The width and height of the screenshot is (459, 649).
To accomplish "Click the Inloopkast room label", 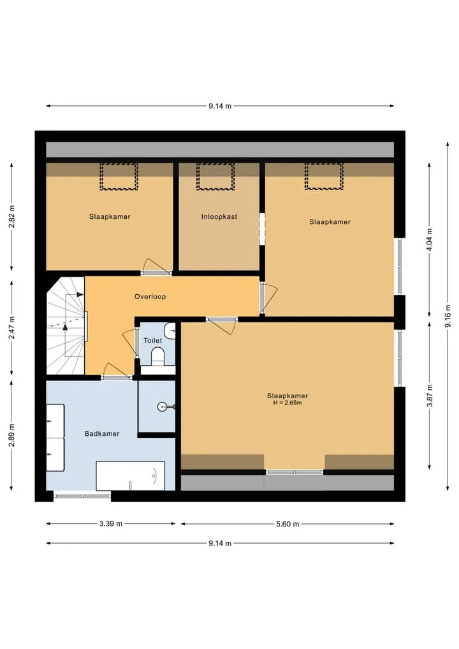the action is click(x=219, y=216).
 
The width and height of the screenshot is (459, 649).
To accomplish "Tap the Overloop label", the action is click(x=150, y=296).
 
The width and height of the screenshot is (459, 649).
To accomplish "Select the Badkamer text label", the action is click(x=102, y=433).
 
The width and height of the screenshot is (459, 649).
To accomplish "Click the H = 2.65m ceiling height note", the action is click(x=288, y=403).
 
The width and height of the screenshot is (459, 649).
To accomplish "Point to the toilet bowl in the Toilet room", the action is click(x=157, y=356).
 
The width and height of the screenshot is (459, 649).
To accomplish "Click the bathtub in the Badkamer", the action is click(x=130, y=475).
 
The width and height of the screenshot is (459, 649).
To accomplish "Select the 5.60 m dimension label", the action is click(x=288, y=524).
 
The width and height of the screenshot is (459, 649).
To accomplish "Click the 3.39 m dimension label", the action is click(x=111, y=523).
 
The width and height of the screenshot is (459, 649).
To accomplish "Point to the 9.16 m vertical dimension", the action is click(x=448, y=316).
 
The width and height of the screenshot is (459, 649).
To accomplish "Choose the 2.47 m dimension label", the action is click(x=12, y=327).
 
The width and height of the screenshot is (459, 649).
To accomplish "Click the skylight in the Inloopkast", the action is click(x=215, y=176).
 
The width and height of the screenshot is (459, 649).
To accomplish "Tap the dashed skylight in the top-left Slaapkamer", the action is click(x=119, y=176).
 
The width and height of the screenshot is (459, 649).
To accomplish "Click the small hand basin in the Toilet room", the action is click(x=170, y=331).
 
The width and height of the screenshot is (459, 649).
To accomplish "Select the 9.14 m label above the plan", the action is click(x=220, y=106).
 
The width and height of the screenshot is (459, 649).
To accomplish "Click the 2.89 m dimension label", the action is click(x=12, y=435).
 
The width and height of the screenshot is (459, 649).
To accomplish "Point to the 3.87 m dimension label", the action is click(x=430, y=396).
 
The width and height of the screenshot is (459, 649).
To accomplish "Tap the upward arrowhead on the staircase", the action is click(x=65, y=327).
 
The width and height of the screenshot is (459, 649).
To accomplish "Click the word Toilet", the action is click(x=152, y=340).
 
